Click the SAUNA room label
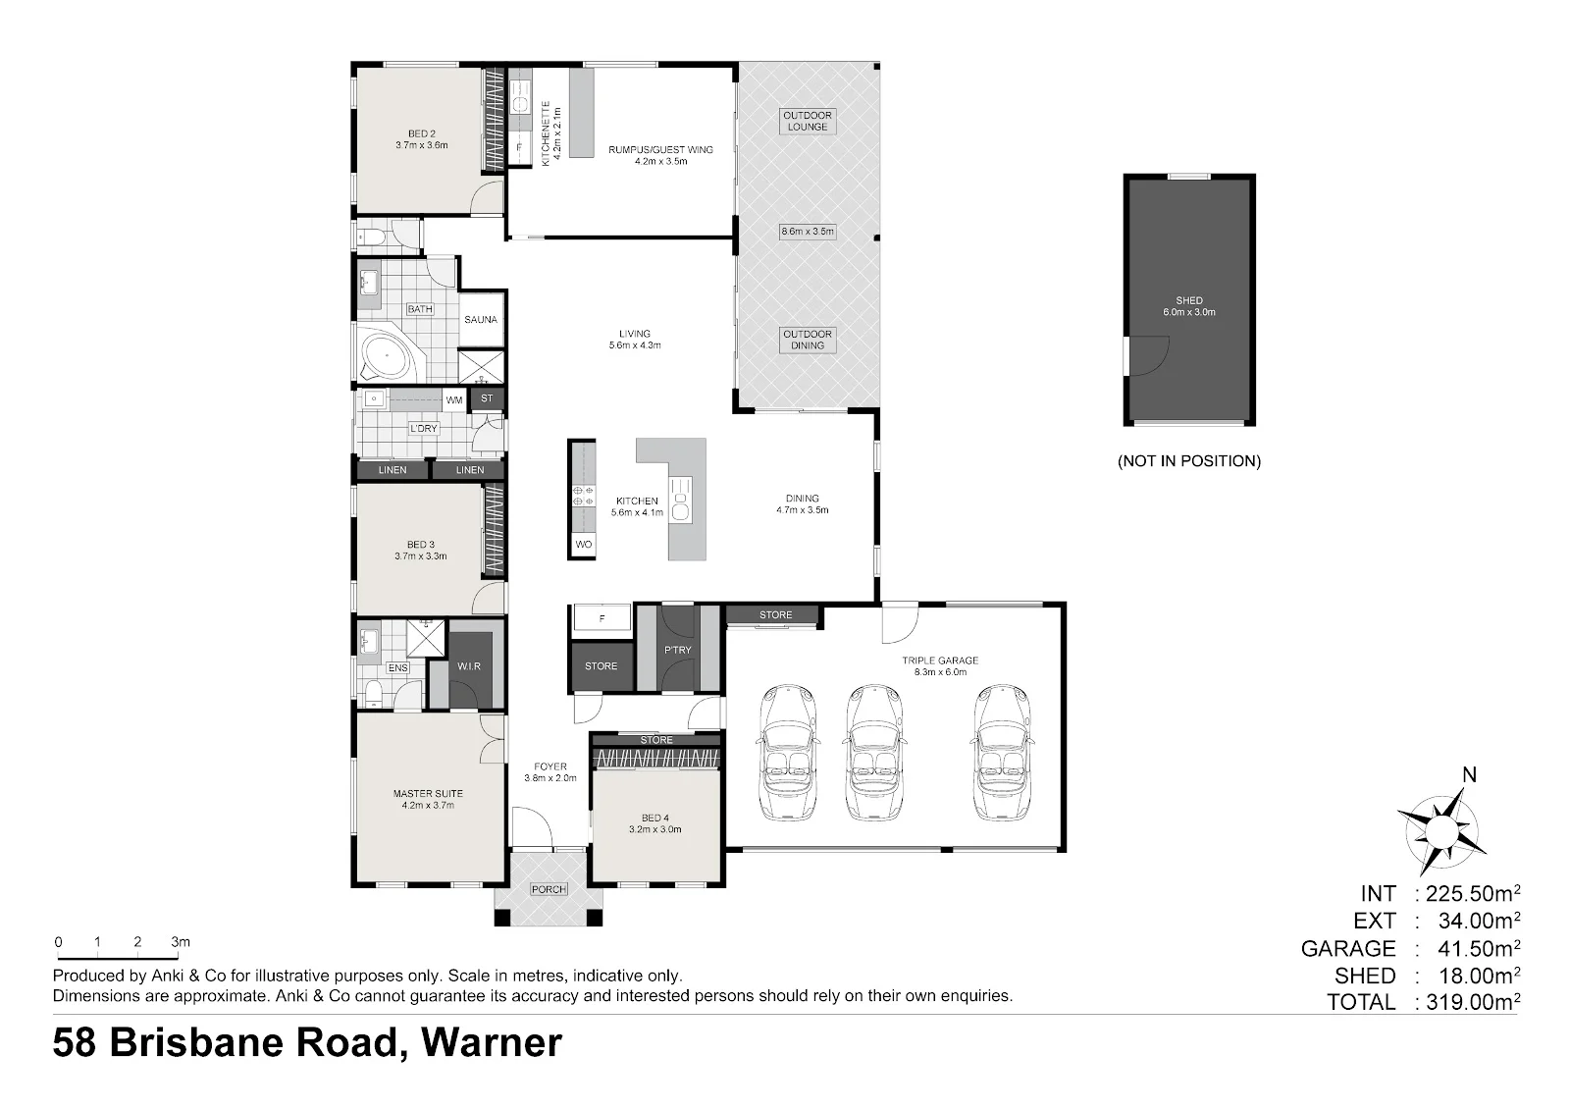pos(481,320)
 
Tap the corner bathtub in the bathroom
pos(388,357)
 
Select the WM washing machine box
pos(454,399)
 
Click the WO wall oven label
pos(583,544)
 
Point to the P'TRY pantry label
pos(678,650)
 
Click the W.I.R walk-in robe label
pos(469,666)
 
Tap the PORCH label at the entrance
pos(549,889)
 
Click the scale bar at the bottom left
pos(118,957)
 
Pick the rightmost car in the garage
pos(1002,752)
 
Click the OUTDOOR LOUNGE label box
pos(808,122)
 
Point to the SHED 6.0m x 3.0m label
pos(1189,306)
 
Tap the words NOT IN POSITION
pos(1189,460)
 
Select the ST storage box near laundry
pos(487,398)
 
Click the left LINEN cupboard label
pos(392,470)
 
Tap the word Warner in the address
pos(492,1042)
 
